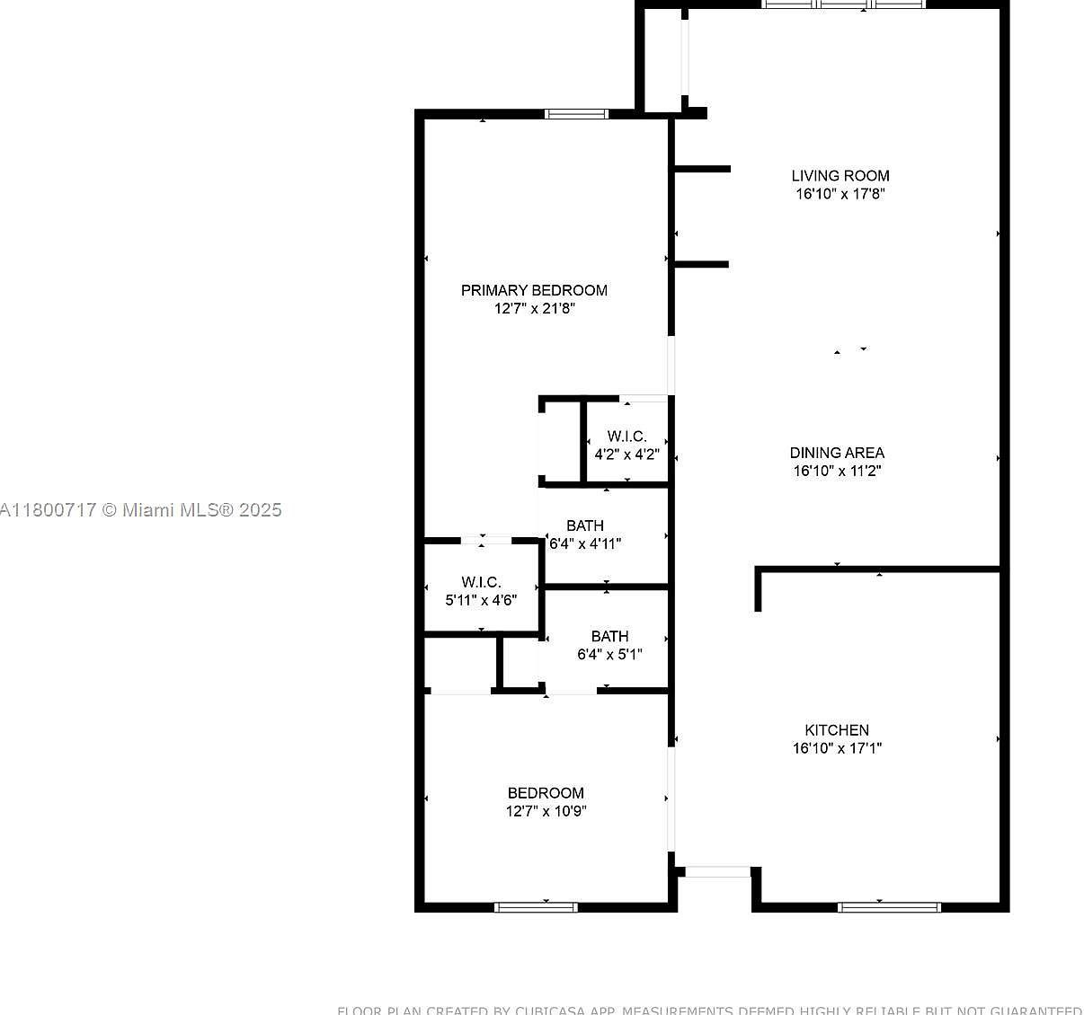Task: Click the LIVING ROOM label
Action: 840,176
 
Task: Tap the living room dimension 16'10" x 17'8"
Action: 840,194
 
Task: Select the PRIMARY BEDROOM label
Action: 534,290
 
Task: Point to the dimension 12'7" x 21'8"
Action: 534,309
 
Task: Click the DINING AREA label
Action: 837,453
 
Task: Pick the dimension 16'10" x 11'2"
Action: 837,471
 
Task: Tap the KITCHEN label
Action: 837,730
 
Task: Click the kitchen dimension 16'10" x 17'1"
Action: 837,748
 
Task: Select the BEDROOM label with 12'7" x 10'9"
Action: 546,793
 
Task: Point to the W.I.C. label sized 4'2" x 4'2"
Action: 626,437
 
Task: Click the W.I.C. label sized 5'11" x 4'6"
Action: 481,582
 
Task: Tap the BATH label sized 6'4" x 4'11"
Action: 585,525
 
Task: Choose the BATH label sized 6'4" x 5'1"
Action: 609,636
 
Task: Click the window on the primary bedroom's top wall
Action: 576,114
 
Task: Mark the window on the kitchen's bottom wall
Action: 889,907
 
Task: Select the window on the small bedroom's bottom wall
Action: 537,907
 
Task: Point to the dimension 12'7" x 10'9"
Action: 546,811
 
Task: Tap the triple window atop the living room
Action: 844,4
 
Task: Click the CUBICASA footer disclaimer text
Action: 709,1010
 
